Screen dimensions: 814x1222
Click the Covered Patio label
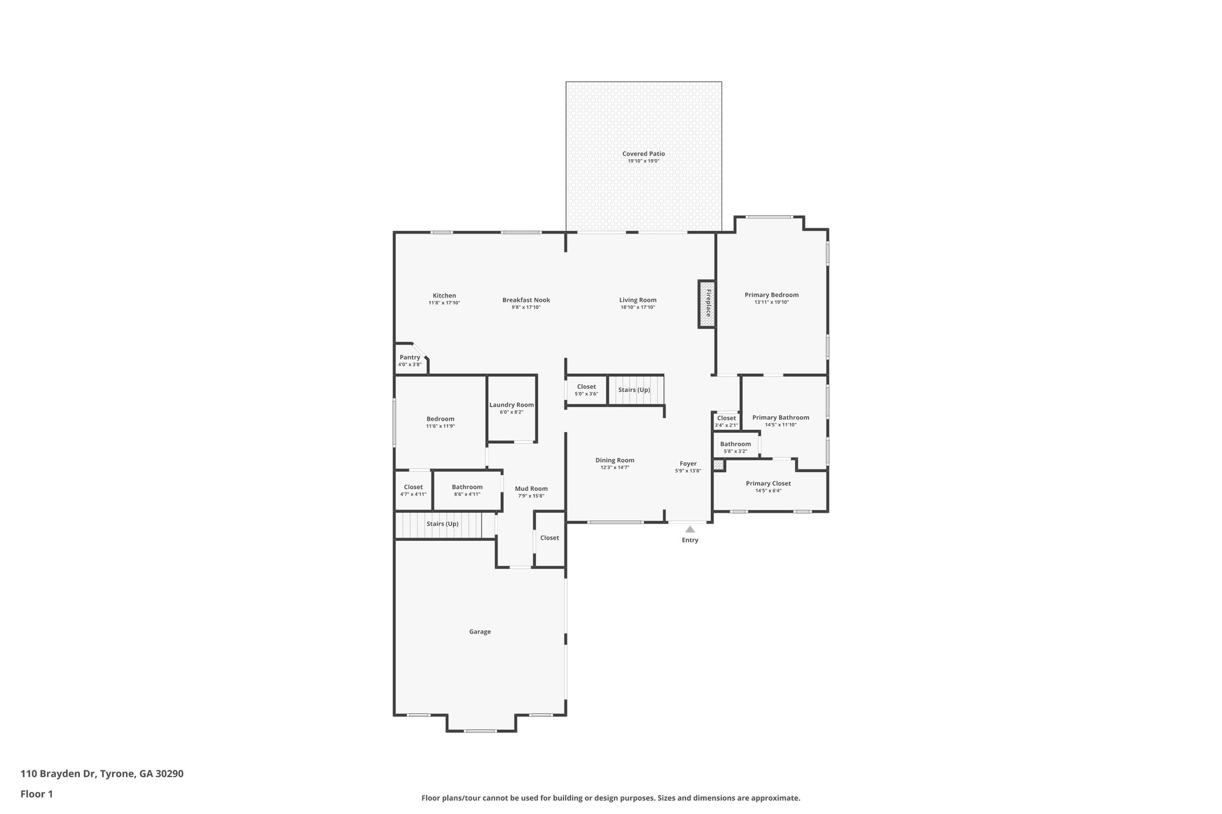[x=643, y=154]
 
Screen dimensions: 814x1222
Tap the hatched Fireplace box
[x=707, y=304]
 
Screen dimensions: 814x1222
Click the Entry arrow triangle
[x=690, y=529]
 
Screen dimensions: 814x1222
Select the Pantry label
[x=410, y=357]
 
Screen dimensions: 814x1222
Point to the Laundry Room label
[x=511, y=405]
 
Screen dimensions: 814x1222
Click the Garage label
[x=480, y=632]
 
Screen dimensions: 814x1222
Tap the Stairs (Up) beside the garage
[x=442, y=524]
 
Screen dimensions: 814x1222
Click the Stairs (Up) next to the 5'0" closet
[x=634, y=390]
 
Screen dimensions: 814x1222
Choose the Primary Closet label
[x=768, y=484]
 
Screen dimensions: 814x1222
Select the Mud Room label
[x=531, y=489]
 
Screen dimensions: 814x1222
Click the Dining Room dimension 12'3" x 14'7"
[x=615, y=468]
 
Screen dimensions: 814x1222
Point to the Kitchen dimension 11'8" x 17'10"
[x=444, y=303]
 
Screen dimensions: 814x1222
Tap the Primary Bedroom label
[x=772, y=295]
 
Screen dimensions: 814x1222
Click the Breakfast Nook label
[x=526, y=300]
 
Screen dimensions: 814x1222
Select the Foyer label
[x=688, y=463]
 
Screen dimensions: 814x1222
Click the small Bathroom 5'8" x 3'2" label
[x=735, y=444]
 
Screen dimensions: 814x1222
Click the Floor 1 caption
[x=36, y=794]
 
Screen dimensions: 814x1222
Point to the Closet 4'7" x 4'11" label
[x=413, y=487]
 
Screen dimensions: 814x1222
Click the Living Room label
[x=637, y=300]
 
